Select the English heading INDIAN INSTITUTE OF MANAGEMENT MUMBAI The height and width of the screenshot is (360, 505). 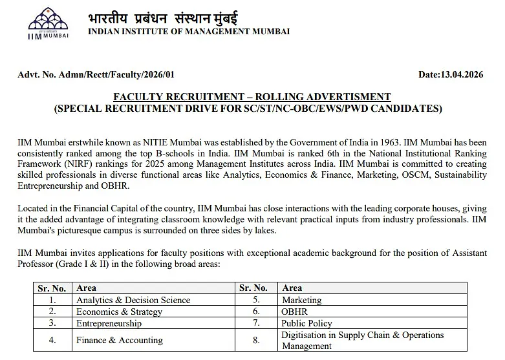(x=189, y=31)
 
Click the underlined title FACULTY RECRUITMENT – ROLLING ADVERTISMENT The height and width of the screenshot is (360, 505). (x=252, y=97)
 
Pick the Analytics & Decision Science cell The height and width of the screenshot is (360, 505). (x=133, y=300)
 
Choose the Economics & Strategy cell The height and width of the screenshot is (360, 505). (x=119, y=312)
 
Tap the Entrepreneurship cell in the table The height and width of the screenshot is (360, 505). (x=109, y=323)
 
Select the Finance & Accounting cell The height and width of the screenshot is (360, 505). (x=120, y=340)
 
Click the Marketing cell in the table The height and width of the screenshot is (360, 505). (x=301, y=300)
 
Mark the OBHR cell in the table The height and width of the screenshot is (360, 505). (x=295, y=312)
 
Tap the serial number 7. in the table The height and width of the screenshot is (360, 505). (x=256, y=323)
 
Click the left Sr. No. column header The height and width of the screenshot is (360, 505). (x=52, y=288)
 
